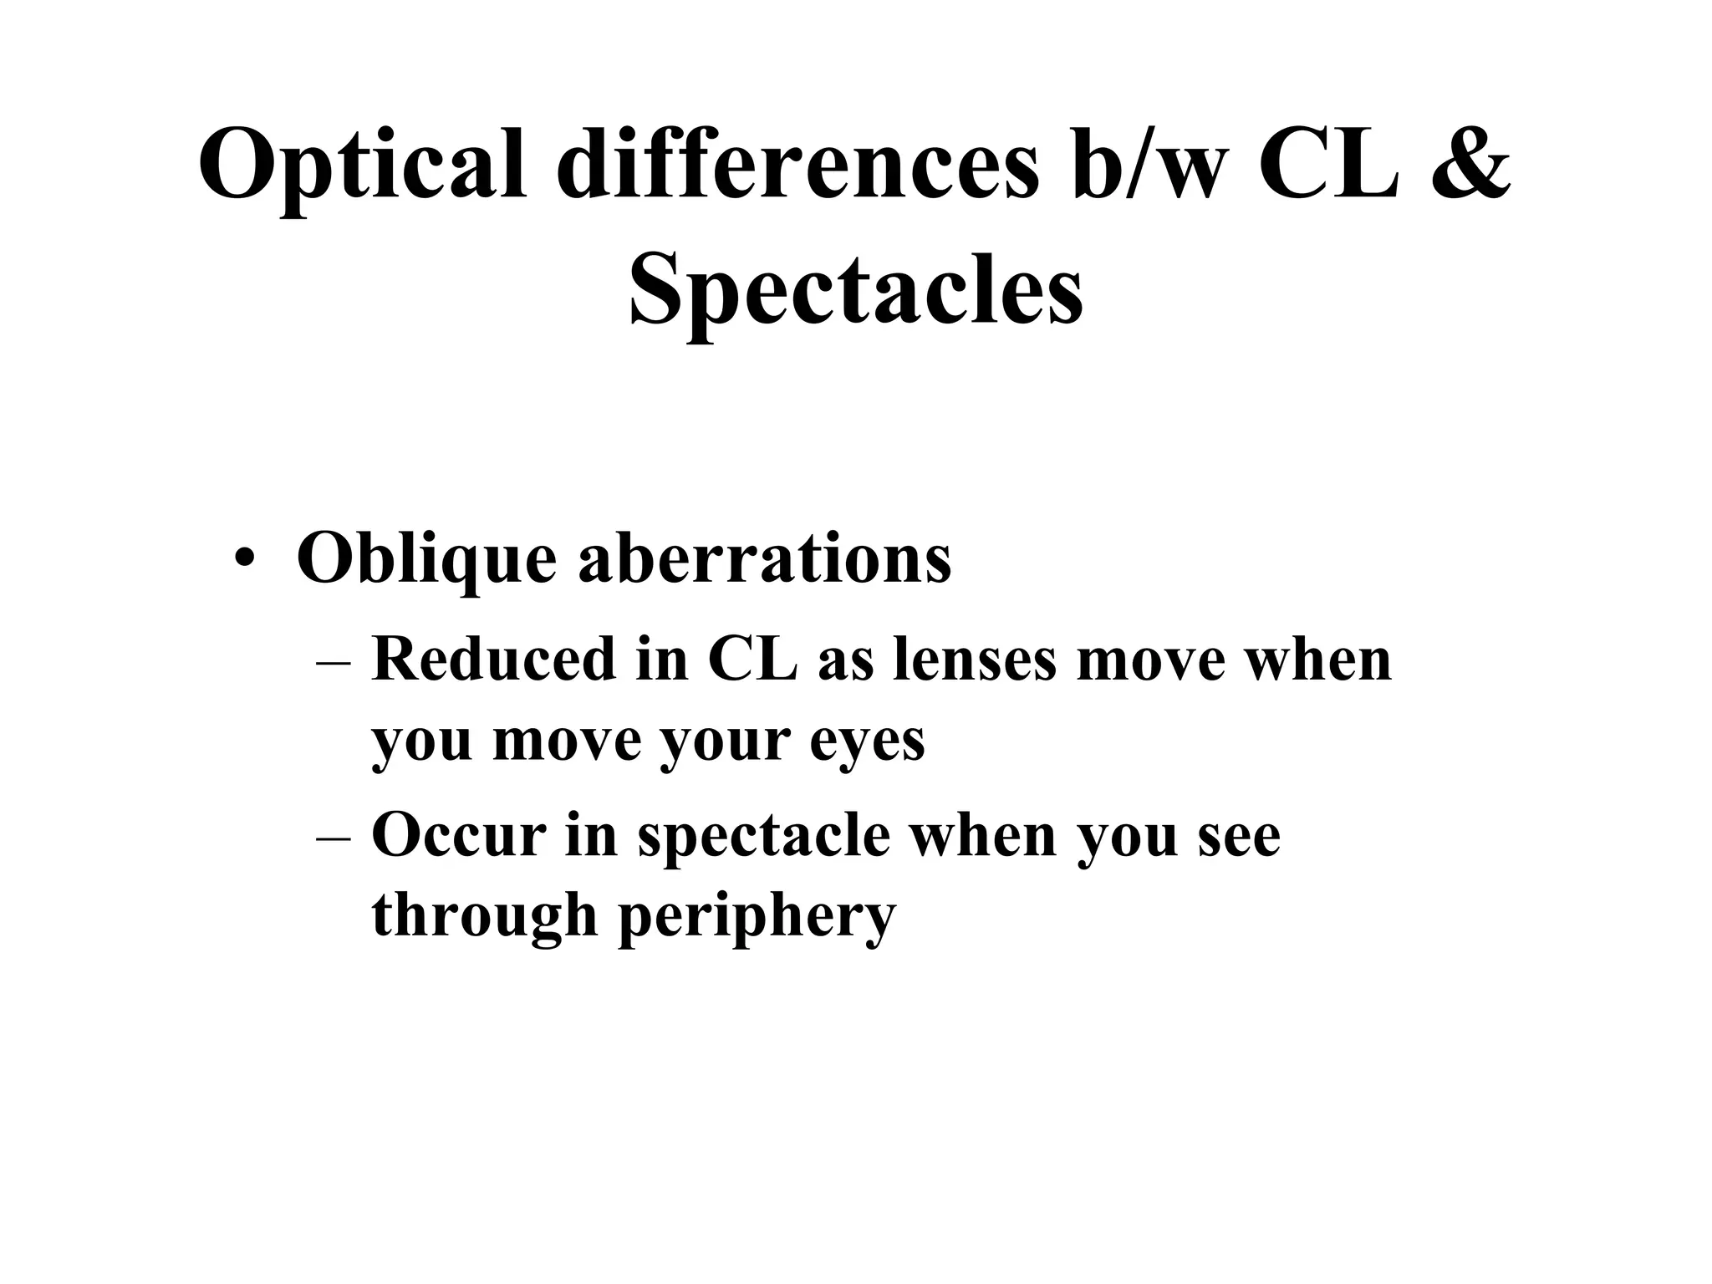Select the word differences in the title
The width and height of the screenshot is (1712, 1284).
point(797,163)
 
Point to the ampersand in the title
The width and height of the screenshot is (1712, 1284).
point(1469,163)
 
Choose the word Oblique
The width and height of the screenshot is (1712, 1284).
point(426,558)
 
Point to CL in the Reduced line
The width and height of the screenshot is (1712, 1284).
point(752,660)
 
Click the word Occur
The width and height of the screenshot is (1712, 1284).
point(458,835)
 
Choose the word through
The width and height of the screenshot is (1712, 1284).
point(485,916)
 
